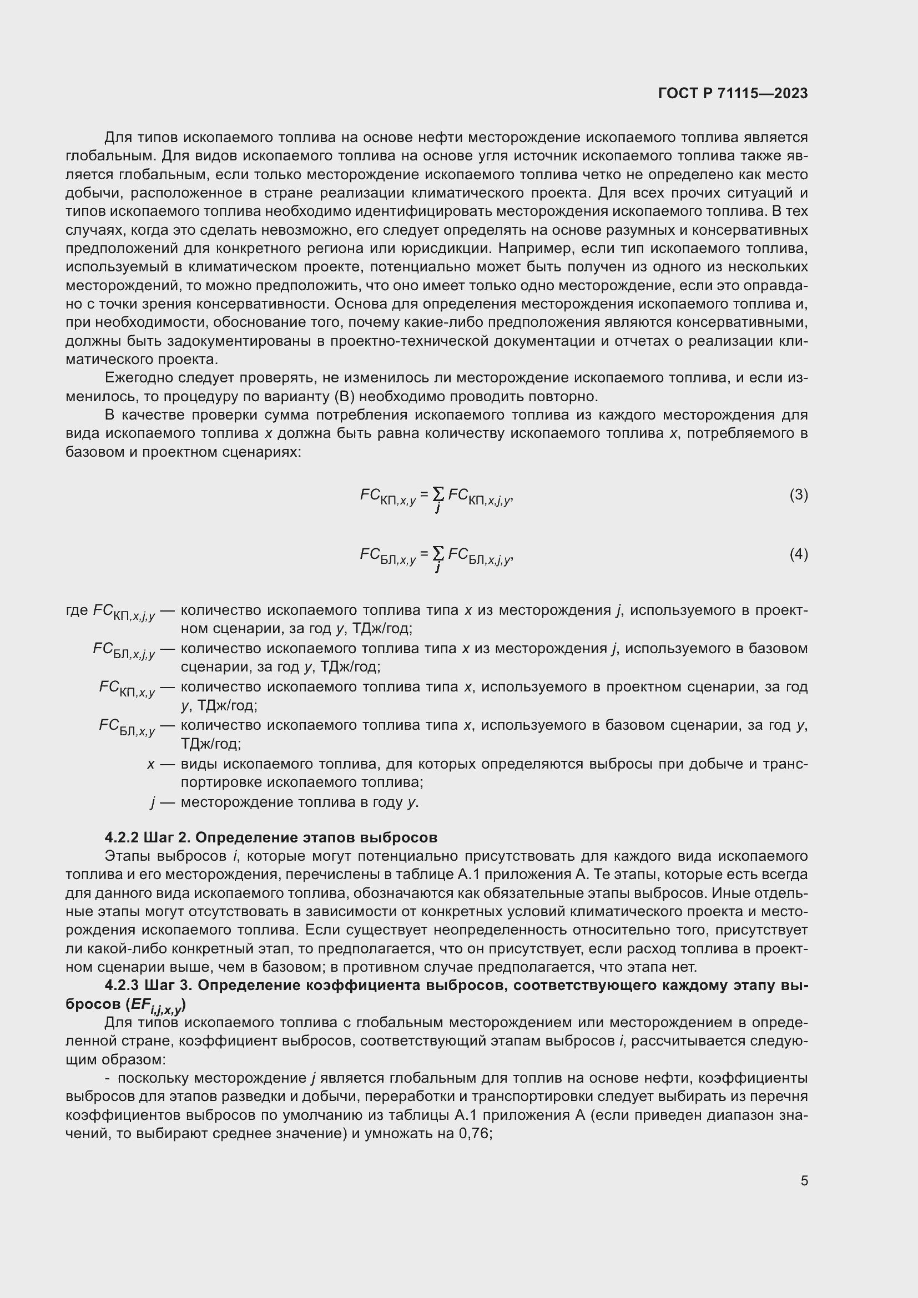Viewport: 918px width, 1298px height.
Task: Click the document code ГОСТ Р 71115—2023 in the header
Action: coord(733,93)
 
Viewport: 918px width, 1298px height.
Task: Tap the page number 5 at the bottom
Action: coord(804,1180)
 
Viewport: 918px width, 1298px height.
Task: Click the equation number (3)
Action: coord(798,495)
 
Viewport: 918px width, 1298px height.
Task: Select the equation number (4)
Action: coord(798,554)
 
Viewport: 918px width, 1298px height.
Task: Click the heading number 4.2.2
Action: coord(122,837)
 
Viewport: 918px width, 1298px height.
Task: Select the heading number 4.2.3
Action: coord(122,986)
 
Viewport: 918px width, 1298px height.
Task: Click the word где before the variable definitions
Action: coord(77,610)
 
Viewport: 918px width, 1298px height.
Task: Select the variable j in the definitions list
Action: coord(153,802)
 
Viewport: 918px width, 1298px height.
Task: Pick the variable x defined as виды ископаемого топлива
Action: coord(151,764)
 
